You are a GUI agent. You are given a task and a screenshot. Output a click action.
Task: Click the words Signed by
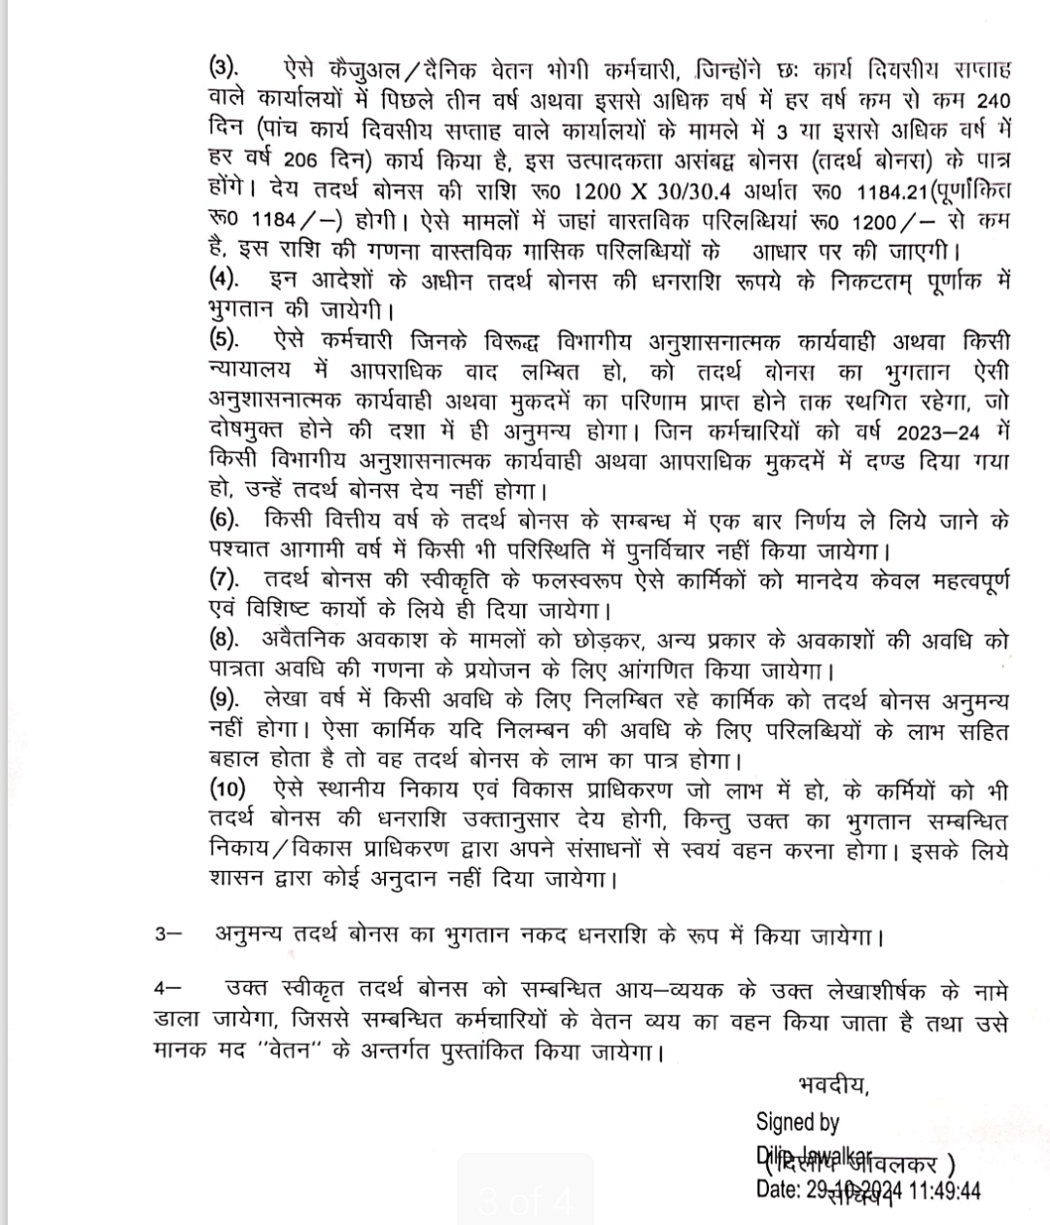[797, 1122]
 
